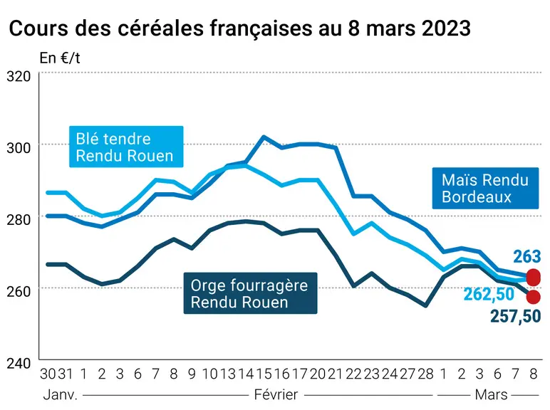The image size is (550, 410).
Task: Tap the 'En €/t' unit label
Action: click(60, 58)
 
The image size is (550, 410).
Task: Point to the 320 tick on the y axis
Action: click(19, 76)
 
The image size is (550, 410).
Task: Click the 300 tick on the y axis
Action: click(19, 148)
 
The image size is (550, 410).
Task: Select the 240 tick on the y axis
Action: click(19, 363)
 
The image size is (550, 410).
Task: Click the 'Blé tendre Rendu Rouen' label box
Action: click(126, 147)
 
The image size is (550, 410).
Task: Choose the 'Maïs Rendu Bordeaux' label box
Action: click(485, 188)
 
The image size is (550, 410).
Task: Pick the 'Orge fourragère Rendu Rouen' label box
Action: click(251, 293)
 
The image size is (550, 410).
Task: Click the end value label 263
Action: click(527, 257)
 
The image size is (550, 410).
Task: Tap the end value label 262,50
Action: click(489, 295)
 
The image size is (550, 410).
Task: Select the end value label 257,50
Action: click(515, 316)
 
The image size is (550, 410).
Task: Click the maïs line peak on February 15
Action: click(264, 137)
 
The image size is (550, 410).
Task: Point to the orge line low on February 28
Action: click(425, 305)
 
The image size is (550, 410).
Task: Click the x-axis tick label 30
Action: click(48, 374)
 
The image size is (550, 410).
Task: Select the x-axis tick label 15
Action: click(264, 374)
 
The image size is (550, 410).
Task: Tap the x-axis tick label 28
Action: click(425, 374)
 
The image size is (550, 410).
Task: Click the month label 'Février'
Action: click(276, 395)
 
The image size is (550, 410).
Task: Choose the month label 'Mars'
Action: click(491, 395)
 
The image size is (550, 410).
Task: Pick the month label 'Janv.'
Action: click(60, 395)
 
